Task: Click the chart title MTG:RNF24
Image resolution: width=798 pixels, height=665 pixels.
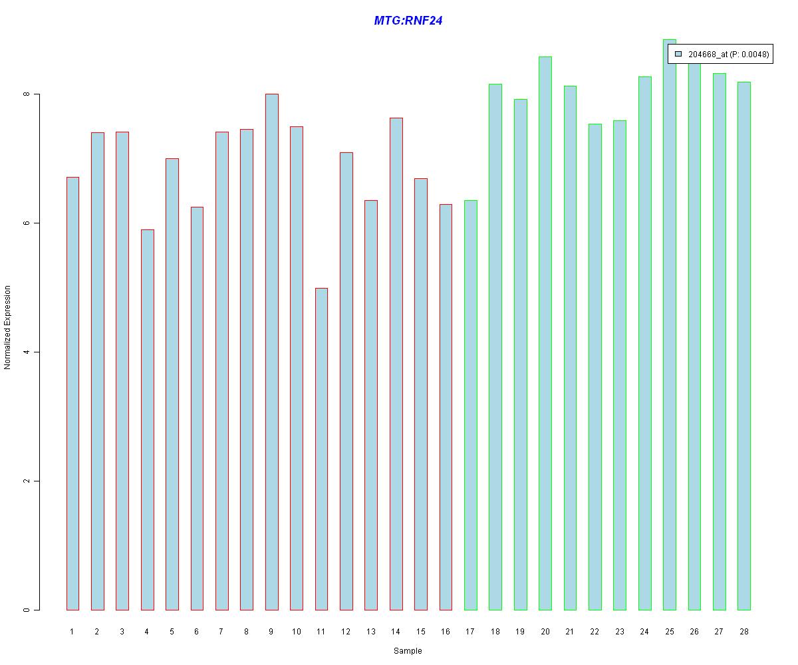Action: [408, 20]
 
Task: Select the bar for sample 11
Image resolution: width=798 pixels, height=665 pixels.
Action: [321, 449]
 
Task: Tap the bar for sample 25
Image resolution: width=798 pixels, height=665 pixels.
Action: [669, 325]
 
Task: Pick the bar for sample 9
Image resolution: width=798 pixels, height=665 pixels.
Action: [272, 352]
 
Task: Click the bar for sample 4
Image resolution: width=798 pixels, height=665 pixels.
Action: [147, 420]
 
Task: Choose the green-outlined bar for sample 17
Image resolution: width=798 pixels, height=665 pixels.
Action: [470, 405]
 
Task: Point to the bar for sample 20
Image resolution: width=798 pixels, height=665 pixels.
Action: [545, 333]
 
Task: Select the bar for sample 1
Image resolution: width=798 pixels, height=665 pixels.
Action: [72, 393]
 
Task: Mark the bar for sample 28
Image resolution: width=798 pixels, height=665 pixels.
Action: [743, 346]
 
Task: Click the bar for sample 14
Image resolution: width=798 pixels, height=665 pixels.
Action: [396, 364]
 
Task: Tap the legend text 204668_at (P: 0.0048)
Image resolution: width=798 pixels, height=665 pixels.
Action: [728, 55]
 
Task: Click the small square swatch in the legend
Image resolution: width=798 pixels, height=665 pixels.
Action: [678, 54]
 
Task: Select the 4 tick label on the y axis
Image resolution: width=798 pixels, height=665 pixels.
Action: [27, 352]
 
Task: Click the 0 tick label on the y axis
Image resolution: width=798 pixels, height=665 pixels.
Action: [27, 610]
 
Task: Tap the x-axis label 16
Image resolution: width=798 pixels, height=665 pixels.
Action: [446, 631]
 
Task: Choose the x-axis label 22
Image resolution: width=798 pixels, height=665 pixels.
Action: [595, 631]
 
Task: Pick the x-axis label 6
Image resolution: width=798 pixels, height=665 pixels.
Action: [196, 631]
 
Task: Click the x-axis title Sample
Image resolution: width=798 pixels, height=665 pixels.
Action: [408, 651]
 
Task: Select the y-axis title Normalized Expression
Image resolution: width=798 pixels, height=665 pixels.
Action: [7, 327]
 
